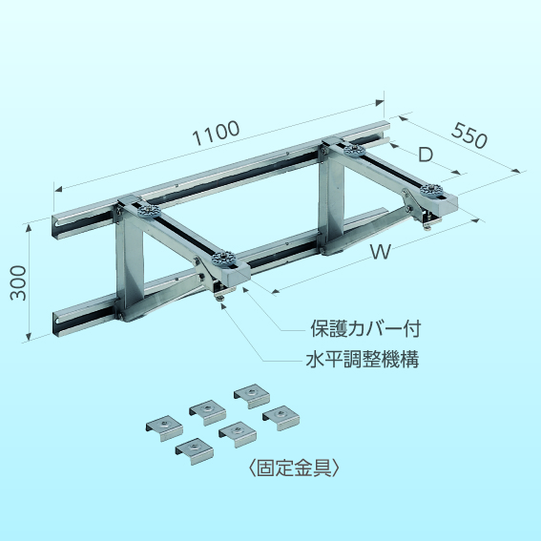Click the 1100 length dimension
(x=216, y=133)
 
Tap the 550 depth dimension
(x=469, y=135)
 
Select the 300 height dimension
(x=18, y=283)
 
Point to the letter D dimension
(x=426, y=155)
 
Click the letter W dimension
(x=381, y=252)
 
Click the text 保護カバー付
(x=365, y=329)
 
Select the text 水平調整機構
(x=363, y=360)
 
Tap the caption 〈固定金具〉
(x=294, y=468)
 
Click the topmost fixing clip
(x=252, y=396)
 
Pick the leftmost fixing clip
(x=164, y=428)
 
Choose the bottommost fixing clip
(x=195, y=451)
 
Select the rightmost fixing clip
(x=281, y=418)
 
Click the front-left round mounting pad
(x=223, y=258)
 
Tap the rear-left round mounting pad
(x=149, y=210)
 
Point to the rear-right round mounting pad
(x=355, y=151)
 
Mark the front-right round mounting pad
(x=431, y=190)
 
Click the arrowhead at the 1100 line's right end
(x=380, y=102)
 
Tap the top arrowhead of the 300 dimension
(x=29, y=228)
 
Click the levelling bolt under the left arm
(x=219, y=298)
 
